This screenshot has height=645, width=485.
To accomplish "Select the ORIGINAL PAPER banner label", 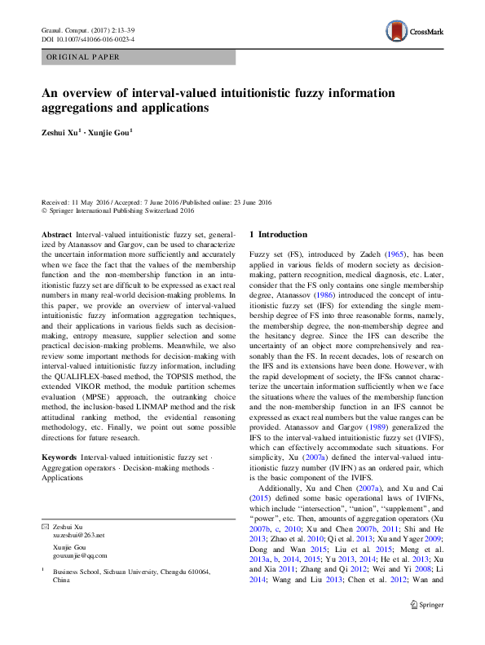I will (x=84, y=57).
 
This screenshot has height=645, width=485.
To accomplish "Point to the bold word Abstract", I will (x=57, y=234).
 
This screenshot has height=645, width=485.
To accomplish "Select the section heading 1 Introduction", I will (x=279, y=235).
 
